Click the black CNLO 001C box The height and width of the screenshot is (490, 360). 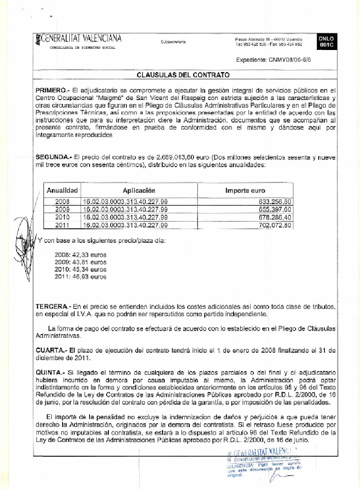pyautogui.click(x=326, y=42)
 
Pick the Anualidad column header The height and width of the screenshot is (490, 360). pyautogui.click(x=62, y=191)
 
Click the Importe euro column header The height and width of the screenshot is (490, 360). pyautogui.click(x=245, y=191)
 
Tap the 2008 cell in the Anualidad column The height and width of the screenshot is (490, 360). pyautogui.click(x=62, y=201)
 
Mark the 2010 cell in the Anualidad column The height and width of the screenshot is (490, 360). pyautogui.click(x=62, y=217)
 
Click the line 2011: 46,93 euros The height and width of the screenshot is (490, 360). pyautogui.click(x=80, y=277)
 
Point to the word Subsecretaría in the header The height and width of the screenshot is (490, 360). pyautogui.click(x=173, y=42)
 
